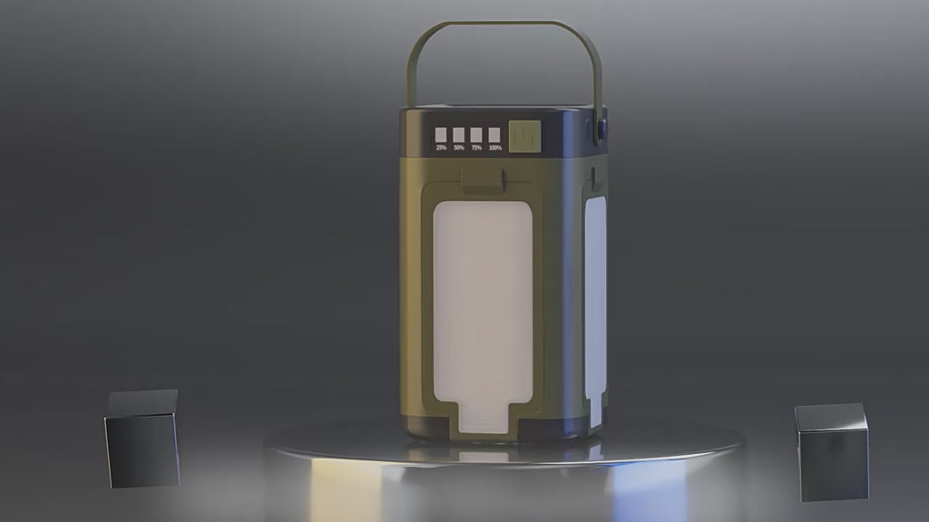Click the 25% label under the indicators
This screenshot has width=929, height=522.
coord(441,148)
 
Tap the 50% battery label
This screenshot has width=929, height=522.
coord(459,148)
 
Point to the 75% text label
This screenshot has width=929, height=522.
coord(476,148)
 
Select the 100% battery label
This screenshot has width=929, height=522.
coord(494,148)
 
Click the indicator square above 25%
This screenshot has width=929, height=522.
coord(441,134)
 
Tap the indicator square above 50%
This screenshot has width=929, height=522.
coord(459,134)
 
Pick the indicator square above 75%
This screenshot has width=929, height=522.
coord(476,134)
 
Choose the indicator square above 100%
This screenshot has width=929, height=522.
coord(494,134)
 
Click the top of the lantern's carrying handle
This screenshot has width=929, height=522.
coord(504,24)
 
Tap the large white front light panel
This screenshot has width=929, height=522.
coord(482,299)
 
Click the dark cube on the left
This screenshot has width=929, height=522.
coord(142,438)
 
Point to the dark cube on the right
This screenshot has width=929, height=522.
coord(831,451)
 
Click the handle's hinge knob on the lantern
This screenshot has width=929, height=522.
coord(601,130)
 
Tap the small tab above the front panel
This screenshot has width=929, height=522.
coord(484,180)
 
